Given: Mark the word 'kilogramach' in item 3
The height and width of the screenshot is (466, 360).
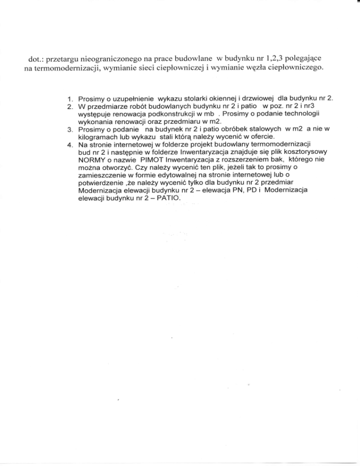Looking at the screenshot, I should tap(97, 137).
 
